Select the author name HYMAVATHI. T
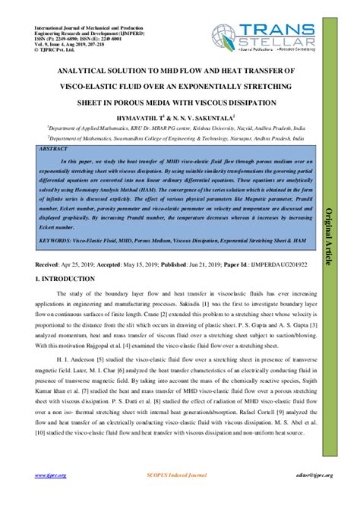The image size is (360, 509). (x=158, y=117)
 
